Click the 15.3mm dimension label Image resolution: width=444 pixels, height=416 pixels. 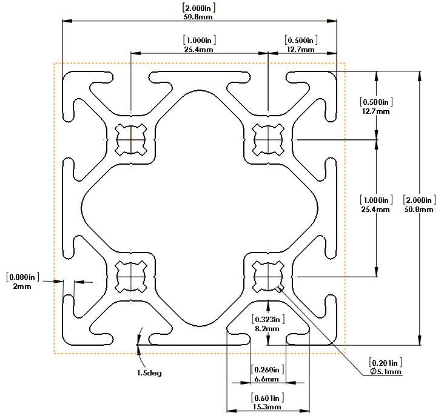point(267,407)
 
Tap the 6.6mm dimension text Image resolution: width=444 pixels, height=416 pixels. point(266,378)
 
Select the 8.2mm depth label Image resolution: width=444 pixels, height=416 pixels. point(267,329)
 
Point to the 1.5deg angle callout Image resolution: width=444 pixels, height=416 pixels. point(149,373)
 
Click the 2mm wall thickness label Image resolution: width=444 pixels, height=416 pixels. point(22,286)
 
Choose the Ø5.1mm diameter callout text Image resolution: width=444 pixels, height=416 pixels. point(386,372)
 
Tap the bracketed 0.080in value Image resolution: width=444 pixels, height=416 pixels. point(22,277)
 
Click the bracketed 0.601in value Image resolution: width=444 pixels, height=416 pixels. point(267,398)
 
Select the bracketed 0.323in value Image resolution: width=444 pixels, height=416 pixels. point(268,319)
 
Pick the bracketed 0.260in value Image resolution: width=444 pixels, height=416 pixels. point(267,369)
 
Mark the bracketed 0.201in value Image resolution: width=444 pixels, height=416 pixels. point(385,363)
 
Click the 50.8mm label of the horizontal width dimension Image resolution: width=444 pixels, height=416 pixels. point(198,17)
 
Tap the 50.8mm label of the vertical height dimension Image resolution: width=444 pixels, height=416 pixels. point(419,210)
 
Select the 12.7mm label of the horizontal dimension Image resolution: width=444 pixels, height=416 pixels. point(301,50)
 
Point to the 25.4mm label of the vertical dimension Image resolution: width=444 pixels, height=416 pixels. point(375,210)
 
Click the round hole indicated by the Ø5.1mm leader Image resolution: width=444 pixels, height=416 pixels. point(268,277)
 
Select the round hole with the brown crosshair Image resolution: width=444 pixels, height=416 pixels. point(131,140)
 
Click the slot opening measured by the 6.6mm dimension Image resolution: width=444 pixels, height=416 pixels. point(268,339)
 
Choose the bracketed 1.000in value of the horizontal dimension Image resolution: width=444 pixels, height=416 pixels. point(200,40)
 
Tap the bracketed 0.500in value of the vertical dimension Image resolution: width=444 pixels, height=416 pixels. point(376,102)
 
